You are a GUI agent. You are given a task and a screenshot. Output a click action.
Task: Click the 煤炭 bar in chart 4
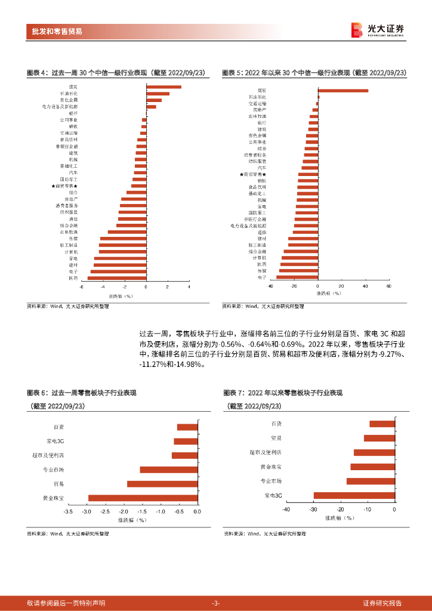click(164, 87)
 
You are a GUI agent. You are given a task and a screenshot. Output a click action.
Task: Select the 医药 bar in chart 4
click(117, 278)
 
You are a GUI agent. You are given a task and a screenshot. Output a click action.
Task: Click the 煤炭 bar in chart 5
click(343, 91)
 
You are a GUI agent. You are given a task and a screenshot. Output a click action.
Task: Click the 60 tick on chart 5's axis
click(388, 286)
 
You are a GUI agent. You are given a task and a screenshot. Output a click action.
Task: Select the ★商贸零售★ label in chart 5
click(252, 174)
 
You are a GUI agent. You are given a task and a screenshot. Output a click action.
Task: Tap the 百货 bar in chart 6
click(187, 427)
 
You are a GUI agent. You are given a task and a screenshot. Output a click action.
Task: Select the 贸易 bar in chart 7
click(379, 438)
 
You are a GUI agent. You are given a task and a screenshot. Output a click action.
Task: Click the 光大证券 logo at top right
click(377, 30)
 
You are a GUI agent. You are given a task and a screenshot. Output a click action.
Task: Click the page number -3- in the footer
click(216, 603)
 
